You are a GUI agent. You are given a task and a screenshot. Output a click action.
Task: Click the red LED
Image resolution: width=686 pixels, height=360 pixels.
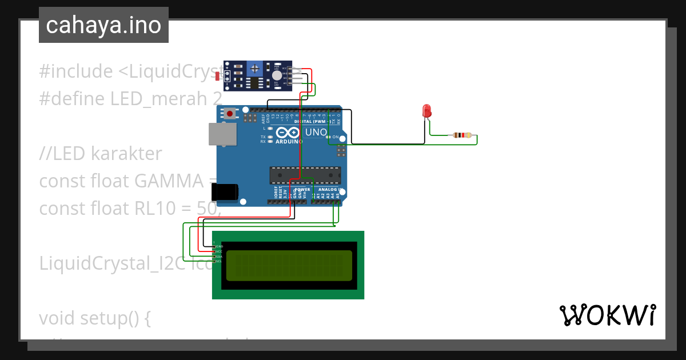(426, 111)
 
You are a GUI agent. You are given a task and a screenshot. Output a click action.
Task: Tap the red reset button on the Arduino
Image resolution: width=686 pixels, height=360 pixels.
(230, 114)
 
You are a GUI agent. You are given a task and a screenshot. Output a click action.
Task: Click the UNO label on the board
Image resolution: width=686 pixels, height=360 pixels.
(316, 133)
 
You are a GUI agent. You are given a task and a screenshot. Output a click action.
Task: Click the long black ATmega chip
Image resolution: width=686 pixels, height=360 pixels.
(305, 175)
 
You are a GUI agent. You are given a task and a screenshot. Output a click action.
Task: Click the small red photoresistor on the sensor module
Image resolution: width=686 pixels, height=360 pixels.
(217, 76)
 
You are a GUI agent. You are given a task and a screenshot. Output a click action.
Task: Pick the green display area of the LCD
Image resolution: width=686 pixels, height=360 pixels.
(289, 265)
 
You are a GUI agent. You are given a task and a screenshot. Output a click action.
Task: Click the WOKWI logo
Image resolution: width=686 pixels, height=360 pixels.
(607, 315)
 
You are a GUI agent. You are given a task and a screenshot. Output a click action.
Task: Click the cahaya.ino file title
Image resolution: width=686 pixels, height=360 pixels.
(103, 25)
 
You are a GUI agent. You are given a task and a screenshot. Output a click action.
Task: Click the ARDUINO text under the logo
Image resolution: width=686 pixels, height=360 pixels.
(289, 141)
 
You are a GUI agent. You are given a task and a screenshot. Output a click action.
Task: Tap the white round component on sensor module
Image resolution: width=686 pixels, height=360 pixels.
(277, 75)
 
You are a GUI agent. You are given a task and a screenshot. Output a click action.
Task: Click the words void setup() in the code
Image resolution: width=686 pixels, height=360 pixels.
(95, 318)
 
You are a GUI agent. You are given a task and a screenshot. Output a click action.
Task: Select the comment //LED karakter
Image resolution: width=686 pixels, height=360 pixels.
(101, 154)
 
